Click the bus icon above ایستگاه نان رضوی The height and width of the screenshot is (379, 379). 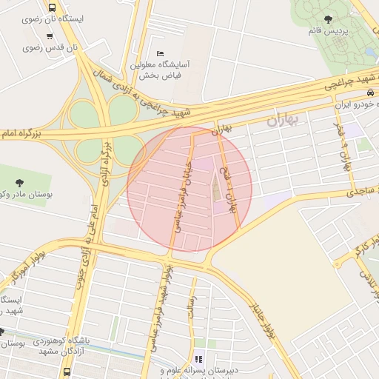pos(52,7)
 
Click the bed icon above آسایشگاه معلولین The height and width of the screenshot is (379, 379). pos(161,53)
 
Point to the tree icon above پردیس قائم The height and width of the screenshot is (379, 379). pos(329,19)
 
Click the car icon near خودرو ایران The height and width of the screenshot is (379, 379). pos(369,93)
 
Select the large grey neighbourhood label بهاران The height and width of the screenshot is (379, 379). pos(281,120)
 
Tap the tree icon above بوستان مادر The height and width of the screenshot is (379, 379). pos(19,181)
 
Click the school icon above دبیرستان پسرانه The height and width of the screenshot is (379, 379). pos(198,359)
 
